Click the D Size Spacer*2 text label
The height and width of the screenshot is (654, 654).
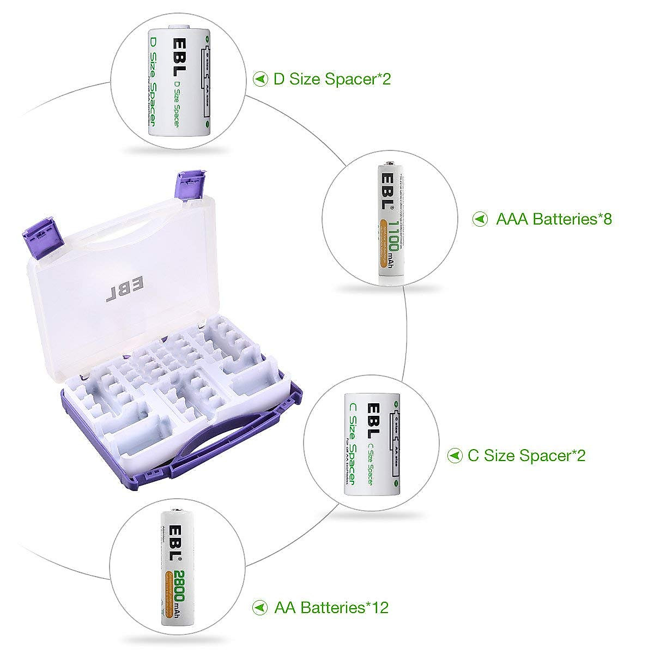[332, 79]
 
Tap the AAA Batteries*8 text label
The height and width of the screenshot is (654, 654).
[554, 219]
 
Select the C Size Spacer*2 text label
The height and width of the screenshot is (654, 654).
[526, 455]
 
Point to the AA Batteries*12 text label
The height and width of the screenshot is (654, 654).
[331, 607]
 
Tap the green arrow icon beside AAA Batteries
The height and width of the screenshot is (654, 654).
[480, 219]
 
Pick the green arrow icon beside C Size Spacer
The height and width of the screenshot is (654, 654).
[455, 455]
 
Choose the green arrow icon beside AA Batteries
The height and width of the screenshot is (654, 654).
[261, 607]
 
